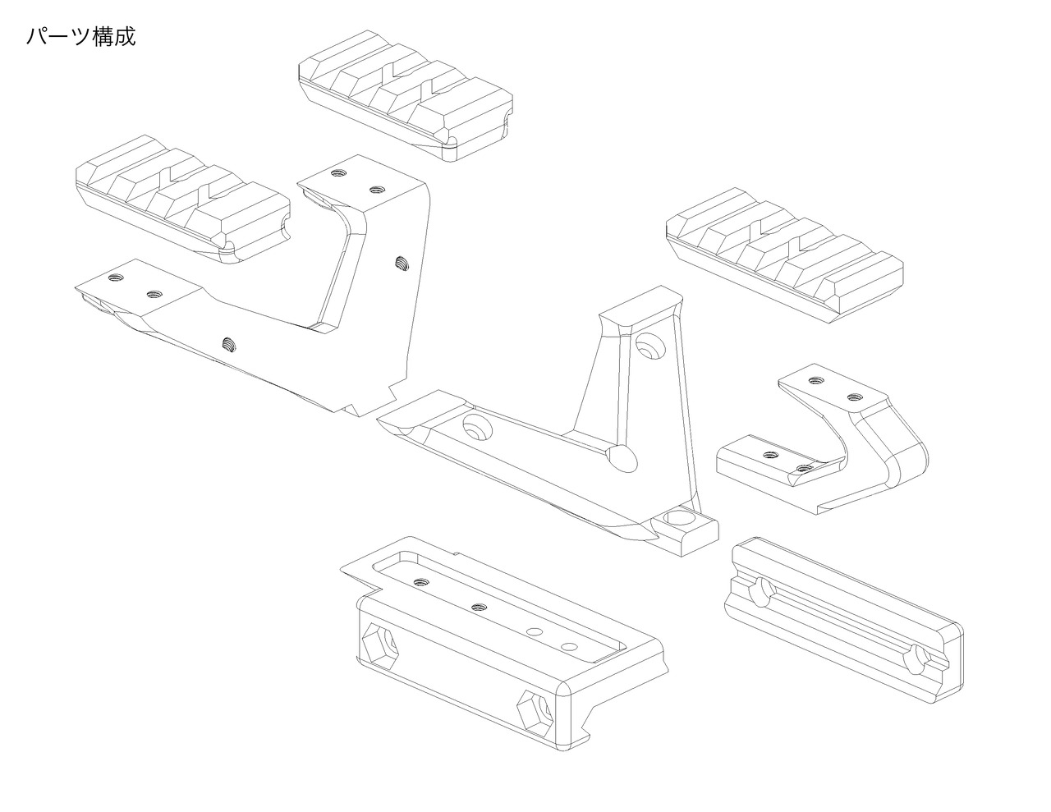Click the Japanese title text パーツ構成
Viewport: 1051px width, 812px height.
pyautogui.click(x=80, y=37)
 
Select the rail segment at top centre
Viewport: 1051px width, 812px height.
pyautogui.click(x=406, y=94)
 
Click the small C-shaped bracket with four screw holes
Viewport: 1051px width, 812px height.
pyautogui.click(x=829, y=443)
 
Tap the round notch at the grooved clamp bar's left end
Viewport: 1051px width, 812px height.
pyautogui.click(x=761, y=591)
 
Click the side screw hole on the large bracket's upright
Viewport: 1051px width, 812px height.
pyautogui.click(x=402, y=264)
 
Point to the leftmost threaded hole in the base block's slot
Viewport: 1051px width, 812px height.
pyautogui.click(x=421, y=581)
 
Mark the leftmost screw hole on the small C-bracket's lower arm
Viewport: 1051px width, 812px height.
pyautogui.click(x=770, y=454)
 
